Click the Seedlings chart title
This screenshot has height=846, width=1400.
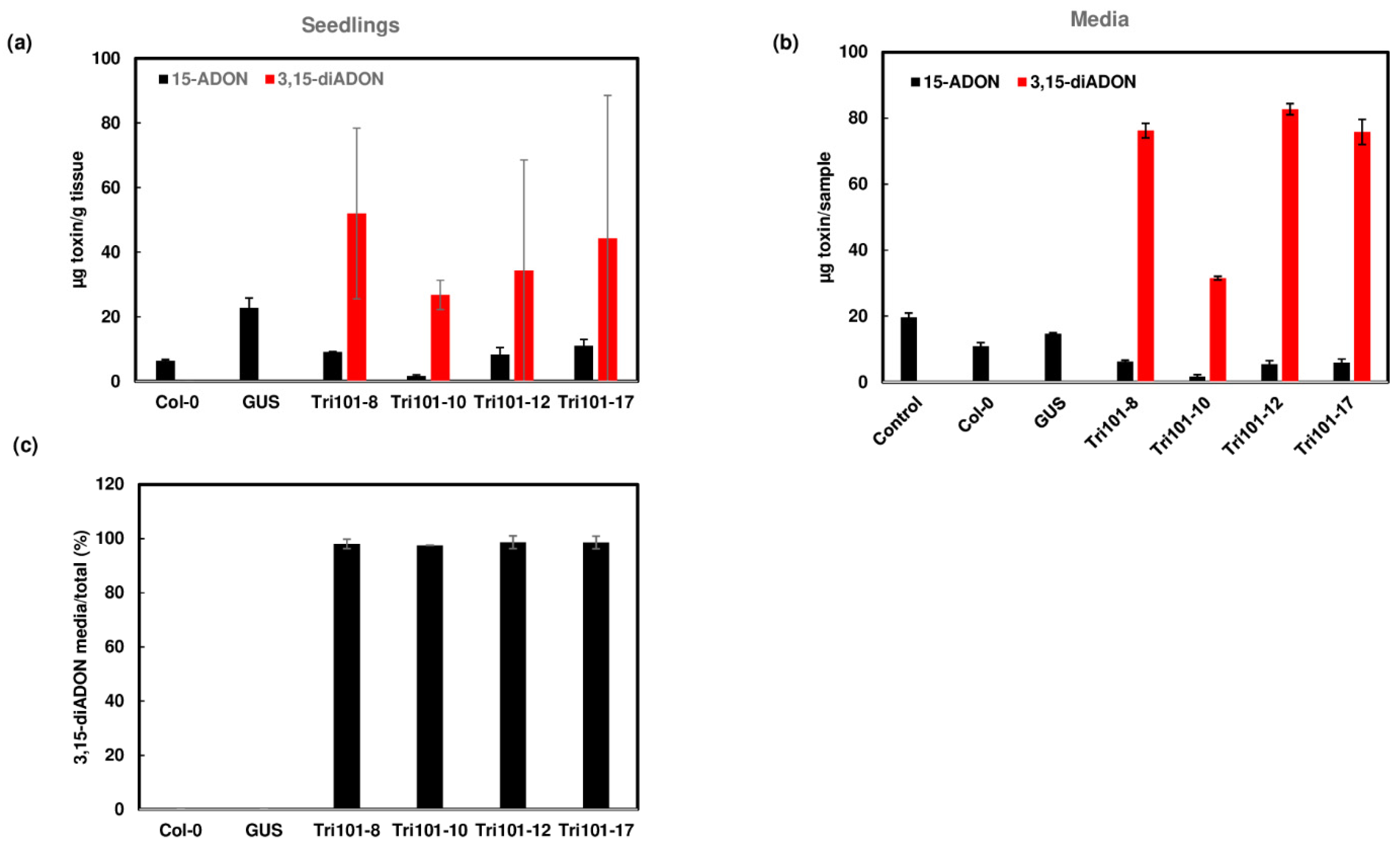pyautogui.click(x=350, y=25)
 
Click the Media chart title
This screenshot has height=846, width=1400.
pyautogui.click(x=1099, y=19)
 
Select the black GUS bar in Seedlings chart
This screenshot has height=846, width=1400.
pyautogui.click(x=249, y=344)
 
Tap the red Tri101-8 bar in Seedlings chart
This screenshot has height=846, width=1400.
pyautogui.click(x=356, y=296)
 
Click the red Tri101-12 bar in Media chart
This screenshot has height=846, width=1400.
pyautogui.click(x=1289, y=244)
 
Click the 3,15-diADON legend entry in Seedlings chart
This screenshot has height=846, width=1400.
pyautogui.click(x=324, y=79)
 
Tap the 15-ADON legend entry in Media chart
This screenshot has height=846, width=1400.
pyautogui.click(x=955, y=82)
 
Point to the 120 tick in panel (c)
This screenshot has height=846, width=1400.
pyautogui.click(x=111, y=484)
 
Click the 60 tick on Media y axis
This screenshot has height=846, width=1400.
pyautogui.click(x=858, y=184)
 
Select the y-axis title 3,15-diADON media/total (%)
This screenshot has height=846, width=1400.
pyautogui.click(x=81, y=646)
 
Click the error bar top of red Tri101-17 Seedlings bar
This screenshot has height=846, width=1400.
pyautogui.click(x=608, y=96)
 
